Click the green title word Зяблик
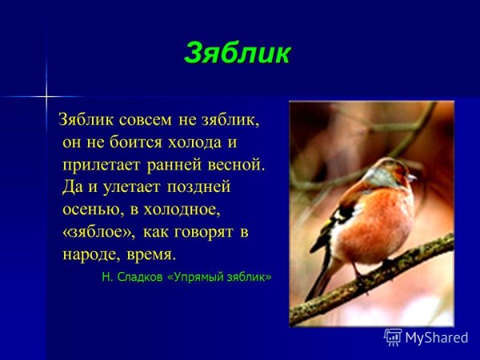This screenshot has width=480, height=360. point(237,54)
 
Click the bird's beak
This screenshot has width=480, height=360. point(412,175)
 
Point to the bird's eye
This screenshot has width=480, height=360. point(398,171)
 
